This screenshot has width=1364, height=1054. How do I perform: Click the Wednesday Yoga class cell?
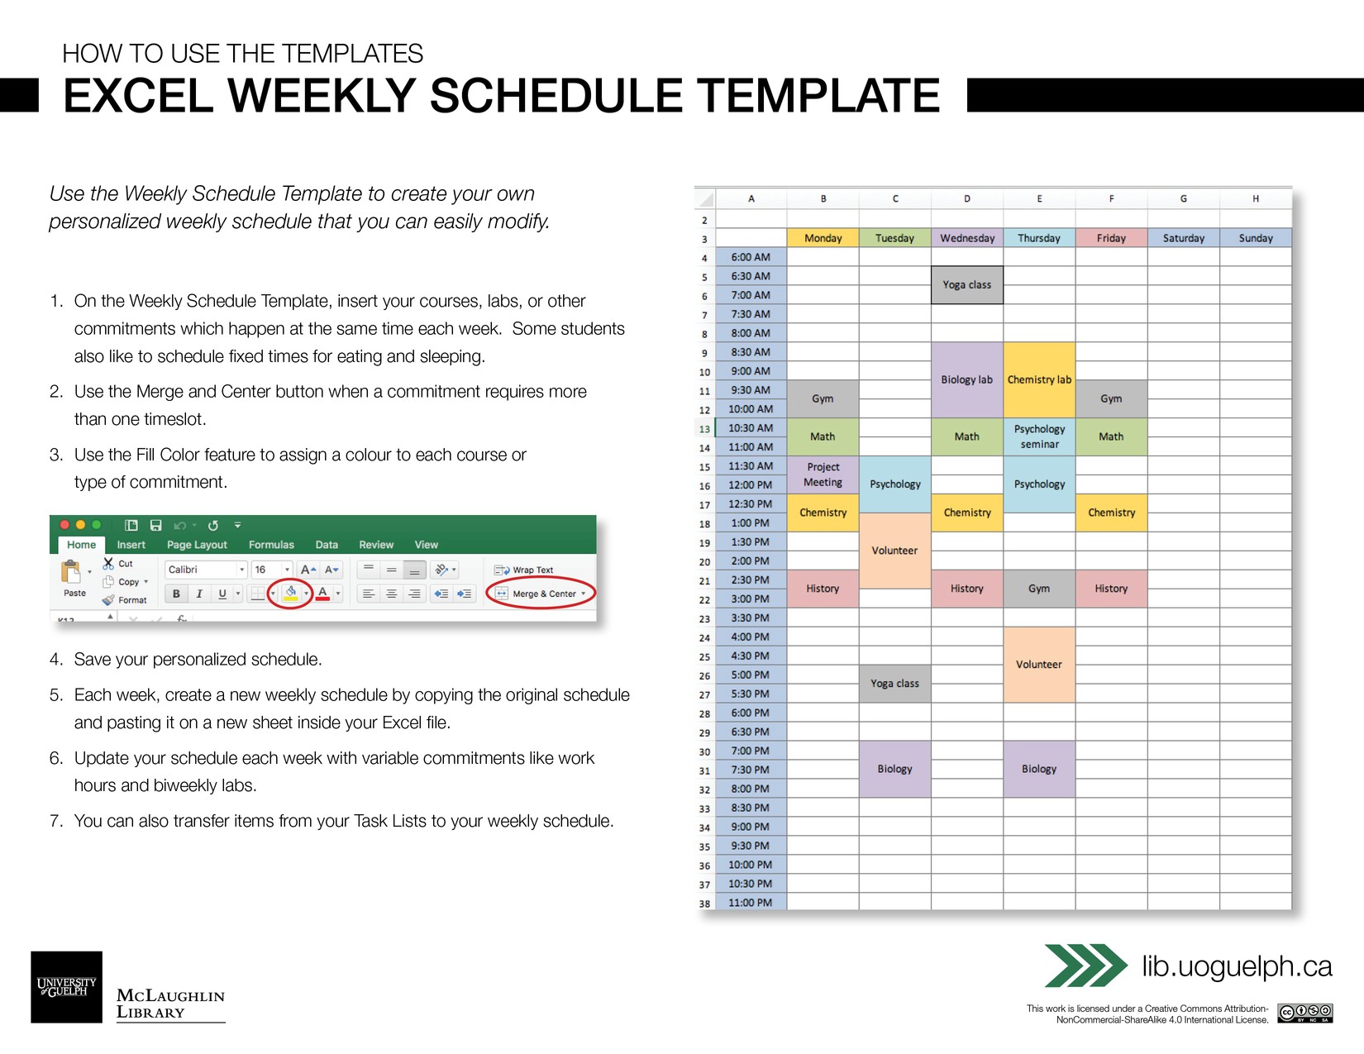[x=966, y=284]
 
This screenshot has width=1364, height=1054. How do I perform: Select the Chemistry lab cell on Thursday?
[x=1039, y=379]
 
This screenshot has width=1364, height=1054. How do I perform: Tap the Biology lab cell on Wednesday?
[x=966, y=379]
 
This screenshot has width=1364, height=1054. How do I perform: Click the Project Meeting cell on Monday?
[x=823, y=475]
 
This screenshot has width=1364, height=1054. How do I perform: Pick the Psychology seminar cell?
[x=1039, y=436]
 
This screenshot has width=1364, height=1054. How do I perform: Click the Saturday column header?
[x=1183, y=238]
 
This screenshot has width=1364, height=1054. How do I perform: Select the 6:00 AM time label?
[x=751, y=257]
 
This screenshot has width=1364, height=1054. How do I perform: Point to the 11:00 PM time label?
[x=751, y=903]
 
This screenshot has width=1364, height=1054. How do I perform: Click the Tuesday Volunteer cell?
[x=894, y=551]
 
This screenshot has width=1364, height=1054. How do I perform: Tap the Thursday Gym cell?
[x=1039, y=589]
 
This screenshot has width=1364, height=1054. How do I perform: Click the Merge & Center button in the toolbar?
[x=542, y=594]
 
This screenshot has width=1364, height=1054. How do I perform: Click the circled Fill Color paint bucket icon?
[x=291, y=593]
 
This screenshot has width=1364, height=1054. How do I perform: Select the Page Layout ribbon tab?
[x=197, y=545]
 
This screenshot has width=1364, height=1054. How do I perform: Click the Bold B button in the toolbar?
[x=176, y=594]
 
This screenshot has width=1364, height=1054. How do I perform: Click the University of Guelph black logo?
[x=67, y=987]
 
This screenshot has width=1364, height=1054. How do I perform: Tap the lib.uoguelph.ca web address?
[x=1237, y=966]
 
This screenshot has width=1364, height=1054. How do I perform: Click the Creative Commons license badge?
[x=1304, y=1013]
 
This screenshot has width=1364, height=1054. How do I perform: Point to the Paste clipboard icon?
[x=72, y=572]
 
